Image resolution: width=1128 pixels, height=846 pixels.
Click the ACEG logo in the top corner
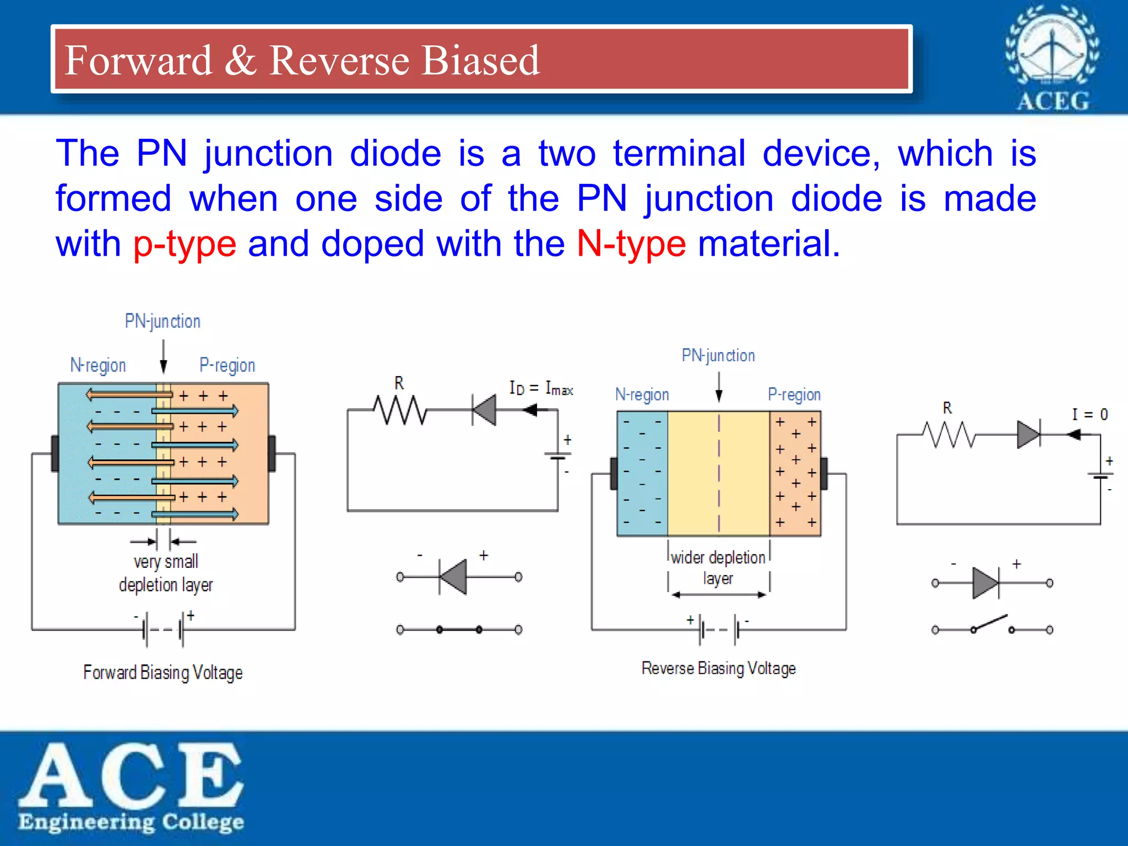[1052, 58]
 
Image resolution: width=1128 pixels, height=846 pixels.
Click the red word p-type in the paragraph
[185, 244]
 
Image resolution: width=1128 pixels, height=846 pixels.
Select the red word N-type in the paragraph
[631, 244]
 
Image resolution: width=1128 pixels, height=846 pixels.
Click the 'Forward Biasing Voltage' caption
[163, 673]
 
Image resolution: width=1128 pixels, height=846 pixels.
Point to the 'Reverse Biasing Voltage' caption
[718, 669]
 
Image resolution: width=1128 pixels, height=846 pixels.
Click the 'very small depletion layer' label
[165, 573]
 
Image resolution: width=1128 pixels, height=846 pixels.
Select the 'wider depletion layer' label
[718, 567]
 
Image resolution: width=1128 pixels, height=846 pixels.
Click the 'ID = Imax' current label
[541, 388]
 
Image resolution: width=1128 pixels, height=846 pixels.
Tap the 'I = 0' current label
[1089, 414]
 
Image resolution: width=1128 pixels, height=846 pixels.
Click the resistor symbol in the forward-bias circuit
[400, 410]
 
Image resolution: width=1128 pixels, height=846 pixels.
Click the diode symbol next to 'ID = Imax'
[485, 410]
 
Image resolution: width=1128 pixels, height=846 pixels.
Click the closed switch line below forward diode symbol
[459, 630]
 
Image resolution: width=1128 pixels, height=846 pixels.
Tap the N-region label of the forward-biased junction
[98, 365]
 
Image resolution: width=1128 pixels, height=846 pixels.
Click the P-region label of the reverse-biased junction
[794, 394]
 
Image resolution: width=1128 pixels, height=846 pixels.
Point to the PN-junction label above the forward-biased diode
[162, 321]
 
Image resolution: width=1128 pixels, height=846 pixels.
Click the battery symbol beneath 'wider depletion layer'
[719, 630]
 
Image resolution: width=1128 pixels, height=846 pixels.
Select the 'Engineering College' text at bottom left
[131, 822]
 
